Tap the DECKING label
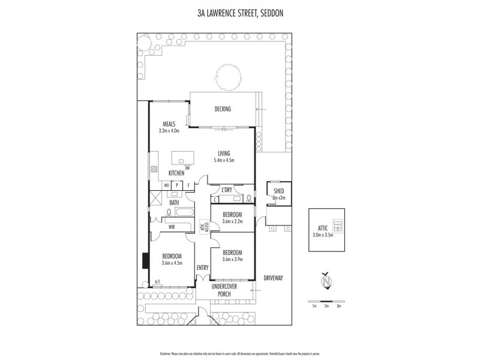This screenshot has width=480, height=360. coord(223,109)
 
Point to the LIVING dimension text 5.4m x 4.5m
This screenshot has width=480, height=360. coord(223,160)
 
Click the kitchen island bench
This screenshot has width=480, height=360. coord(184,158)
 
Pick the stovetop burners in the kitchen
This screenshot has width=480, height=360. coord(154,170)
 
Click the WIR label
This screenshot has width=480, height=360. coord(172,227)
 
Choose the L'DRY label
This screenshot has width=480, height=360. coord(227,190)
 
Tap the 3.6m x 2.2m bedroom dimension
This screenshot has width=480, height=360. coord(232,221)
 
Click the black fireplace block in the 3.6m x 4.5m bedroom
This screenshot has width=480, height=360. coord(145,261)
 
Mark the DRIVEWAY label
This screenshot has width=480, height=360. coord(272,278)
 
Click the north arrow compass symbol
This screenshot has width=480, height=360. coord(326,280)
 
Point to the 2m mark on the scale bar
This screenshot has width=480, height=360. coord(326,306)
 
